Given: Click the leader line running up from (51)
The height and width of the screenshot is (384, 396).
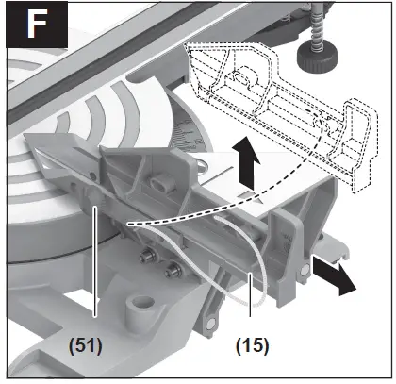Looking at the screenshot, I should (96, 264).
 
